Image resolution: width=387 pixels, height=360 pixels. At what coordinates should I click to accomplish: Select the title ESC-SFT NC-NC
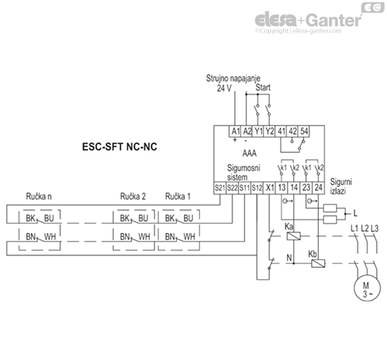click(117, 148)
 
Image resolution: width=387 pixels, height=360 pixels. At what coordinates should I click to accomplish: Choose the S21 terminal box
click(220, 187)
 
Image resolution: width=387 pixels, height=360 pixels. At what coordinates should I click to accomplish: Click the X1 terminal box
click(270, 187)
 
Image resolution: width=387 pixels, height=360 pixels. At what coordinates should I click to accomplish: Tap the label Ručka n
click(38, 196)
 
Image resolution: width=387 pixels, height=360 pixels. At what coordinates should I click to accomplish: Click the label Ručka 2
click(133, 196)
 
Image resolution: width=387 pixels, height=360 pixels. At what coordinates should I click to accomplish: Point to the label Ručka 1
click(180, 196)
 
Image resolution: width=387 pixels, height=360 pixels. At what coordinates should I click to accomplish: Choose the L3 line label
click(375, 228)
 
